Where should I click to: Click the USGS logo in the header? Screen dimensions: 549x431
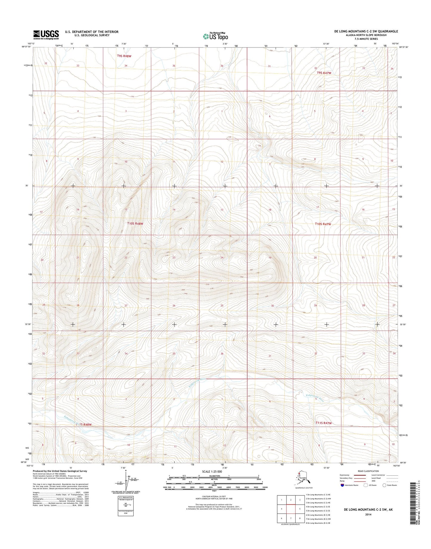46,35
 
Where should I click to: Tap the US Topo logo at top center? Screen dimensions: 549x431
216,36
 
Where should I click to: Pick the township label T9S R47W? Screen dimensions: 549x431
324,73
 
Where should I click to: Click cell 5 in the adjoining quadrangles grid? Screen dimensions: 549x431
299,509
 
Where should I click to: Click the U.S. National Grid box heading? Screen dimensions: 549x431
126,497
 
